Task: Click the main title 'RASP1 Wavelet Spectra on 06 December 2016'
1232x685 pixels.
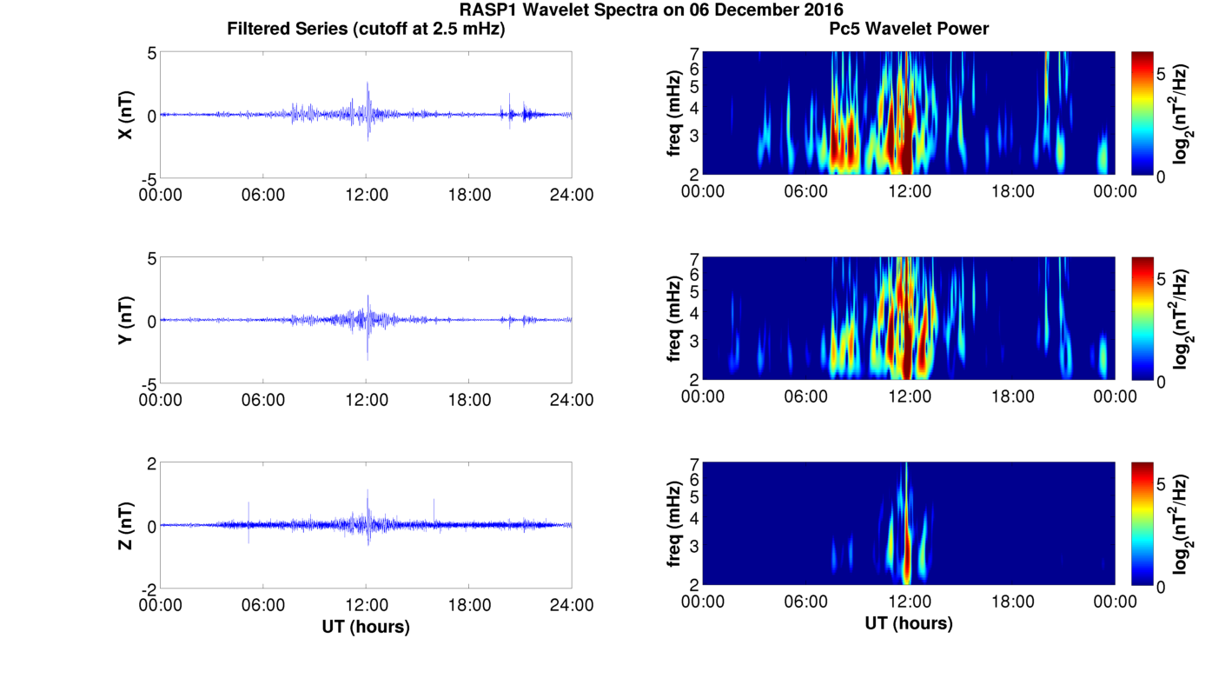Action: point(651,10)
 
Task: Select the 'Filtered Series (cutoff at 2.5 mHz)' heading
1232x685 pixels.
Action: point(366,30)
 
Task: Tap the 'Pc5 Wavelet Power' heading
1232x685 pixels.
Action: point(909,30)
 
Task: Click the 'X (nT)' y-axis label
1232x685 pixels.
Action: point(126,115)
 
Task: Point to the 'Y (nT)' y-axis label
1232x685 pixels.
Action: point(126,320)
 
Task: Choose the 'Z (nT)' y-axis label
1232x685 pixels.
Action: point(126,525)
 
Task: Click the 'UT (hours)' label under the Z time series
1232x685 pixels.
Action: point(366,626)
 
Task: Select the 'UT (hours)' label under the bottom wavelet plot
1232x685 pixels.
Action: point(909,623)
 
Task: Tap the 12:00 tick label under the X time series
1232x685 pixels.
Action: point(366,195)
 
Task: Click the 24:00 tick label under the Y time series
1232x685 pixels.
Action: point(572,400)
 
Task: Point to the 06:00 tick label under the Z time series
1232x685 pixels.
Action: point(263,605)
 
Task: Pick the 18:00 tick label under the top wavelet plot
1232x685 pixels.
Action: point(1012,191)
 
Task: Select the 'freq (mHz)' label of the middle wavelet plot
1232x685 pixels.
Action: point(673,320)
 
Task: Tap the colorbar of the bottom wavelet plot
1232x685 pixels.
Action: point(1143,524)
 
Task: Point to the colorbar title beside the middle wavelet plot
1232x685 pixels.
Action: point(1181,320)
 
